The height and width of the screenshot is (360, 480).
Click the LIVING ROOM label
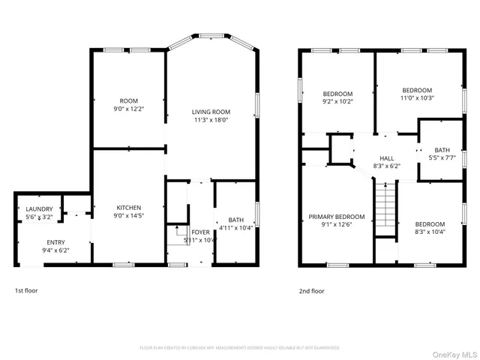[211, 112]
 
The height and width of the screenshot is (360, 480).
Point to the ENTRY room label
[56, 242]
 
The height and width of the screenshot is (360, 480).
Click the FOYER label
[200, 232]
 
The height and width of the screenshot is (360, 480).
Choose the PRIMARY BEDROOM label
[337, 217]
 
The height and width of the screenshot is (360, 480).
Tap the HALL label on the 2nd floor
[386, 158]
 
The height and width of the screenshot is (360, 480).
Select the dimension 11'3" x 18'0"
[211, 119]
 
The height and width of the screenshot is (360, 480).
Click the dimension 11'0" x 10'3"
[417, 97]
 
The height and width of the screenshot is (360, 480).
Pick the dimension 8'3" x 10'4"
[430, 232]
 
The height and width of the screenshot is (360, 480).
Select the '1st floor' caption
[27, 291]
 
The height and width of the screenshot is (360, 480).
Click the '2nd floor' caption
[311, 291]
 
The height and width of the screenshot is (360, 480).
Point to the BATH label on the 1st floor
[226, 220]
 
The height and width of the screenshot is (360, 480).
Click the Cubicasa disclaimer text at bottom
[240, 348]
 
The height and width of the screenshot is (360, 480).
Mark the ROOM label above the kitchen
[129, 100]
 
